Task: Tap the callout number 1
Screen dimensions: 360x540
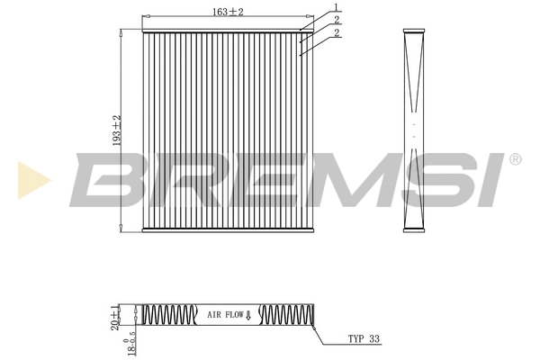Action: (336, 7)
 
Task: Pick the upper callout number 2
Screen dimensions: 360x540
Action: (336, 20)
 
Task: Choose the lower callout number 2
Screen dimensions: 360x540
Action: (336, 32)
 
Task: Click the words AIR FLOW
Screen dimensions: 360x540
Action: (225, 316)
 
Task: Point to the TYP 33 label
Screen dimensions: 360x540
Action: (364, 340)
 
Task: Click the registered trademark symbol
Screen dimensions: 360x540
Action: (515, 159)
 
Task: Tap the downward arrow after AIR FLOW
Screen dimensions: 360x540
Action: (247, 317)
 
